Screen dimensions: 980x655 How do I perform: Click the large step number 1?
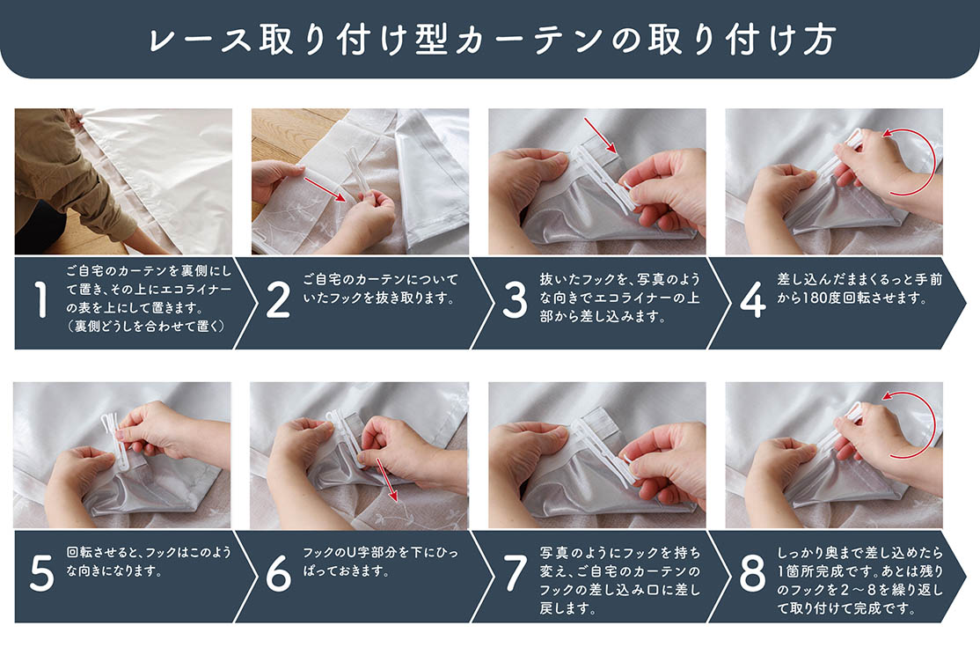pyautogui.click(x=41, y=299)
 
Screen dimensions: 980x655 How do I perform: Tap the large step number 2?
pyautogui.click(x=278, y=299)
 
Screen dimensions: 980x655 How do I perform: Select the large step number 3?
pyautogui.click(x=515, y=299)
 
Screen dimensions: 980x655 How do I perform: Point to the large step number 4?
pyautogui.click(x=752, y=299)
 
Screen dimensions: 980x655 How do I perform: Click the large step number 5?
pyautogui.click(x=42, y=573)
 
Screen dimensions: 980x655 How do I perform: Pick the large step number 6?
pyautogui.click(x=278, y=573)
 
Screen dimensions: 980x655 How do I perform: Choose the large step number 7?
pyautogui.click(x=515, y=573)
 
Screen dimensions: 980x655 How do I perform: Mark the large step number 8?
pyautogui.click(x=752, y=573)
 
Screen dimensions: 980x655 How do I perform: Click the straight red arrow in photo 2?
pyautogui.click(x=325, y=189)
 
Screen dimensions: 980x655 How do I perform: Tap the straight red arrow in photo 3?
pyautogui.click(x=601, y=135)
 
